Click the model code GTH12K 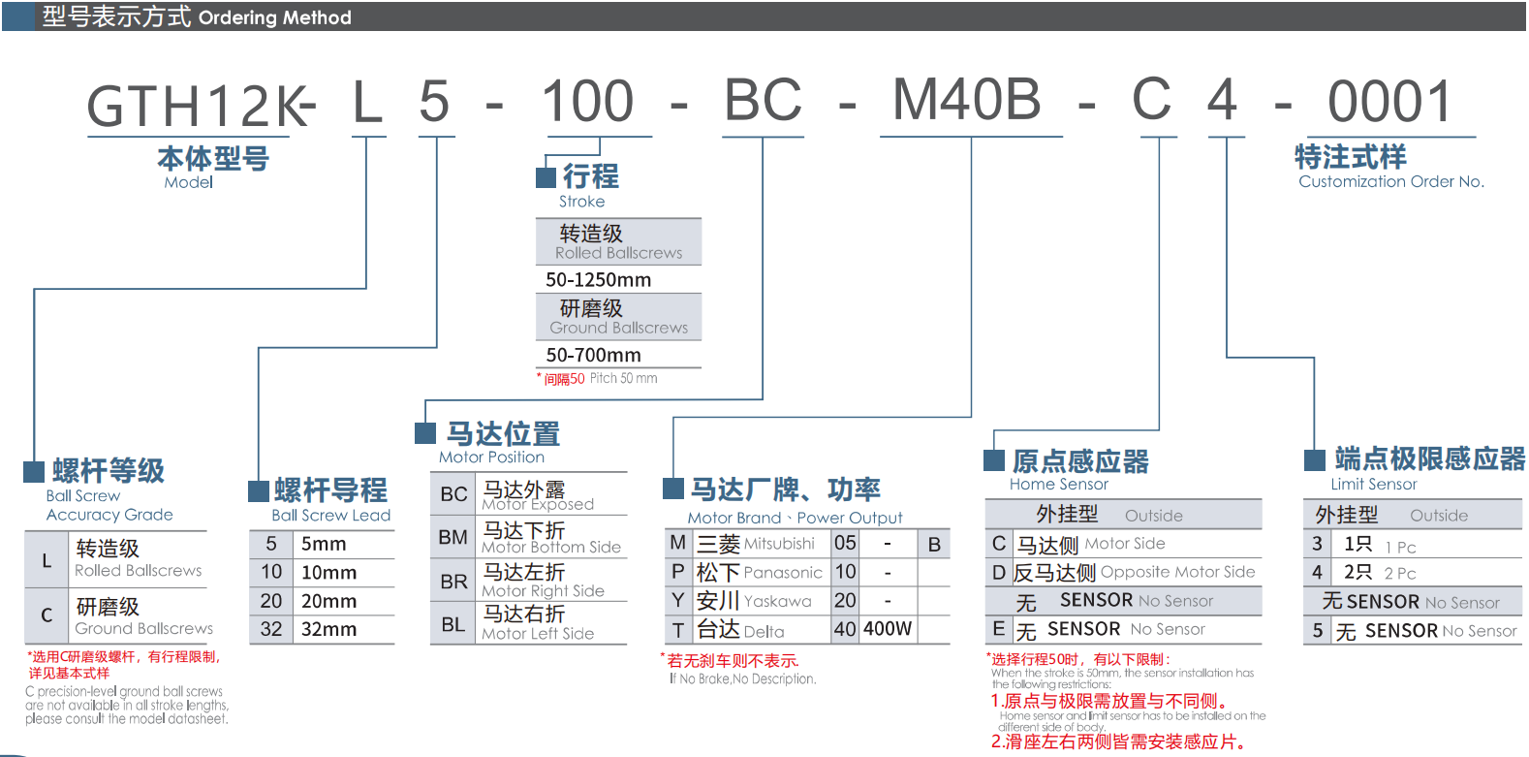tap(199, 106)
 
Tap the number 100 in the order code tap(587, 102)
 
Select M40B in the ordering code tap(966, 100)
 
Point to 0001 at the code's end tap(1389, 102)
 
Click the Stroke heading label tap(581, 202)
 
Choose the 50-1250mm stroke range tap(598, 280)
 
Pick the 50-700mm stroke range tap(593, 356)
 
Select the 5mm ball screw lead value tap(324, 544)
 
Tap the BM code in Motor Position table tap(452, 537)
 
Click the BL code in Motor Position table tap(452, 624)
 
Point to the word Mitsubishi tap(779, 544)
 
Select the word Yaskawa tap(777, 601)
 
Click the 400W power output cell tap(888, 629)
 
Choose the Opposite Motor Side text tap(1177, 572)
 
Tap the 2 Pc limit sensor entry tap(1400, 573)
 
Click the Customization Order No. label tap(1390, 181)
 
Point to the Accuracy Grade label tap(109, 515)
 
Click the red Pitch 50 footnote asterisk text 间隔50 tap(564, 379)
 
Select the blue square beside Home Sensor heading tap(994, 460)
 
